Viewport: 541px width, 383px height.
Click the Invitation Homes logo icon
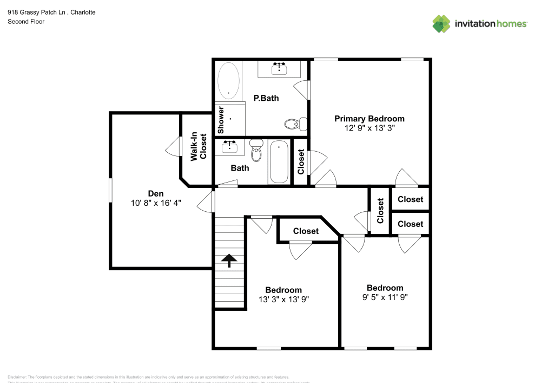[441, 23]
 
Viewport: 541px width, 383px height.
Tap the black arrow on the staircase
[229, 261]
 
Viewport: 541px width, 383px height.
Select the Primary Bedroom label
[369, 119]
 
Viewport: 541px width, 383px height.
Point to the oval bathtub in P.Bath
[228, 81]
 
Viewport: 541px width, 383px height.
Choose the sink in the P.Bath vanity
[279, 68]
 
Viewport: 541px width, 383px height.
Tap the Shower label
[221, 120]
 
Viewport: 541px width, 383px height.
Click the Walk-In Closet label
[199, 147]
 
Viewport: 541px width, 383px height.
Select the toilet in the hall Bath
[256, 152]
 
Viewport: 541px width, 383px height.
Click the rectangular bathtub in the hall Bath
[279, 161]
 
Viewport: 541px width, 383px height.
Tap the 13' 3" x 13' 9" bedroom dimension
[283, 299]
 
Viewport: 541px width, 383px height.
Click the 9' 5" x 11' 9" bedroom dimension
[385, 297]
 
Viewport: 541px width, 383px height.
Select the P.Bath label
[266, 98]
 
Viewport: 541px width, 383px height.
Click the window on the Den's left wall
[110, 191]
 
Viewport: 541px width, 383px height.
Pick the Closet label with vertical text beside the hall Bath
[301, 162]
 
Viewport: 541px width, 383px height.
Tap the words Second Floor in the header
[26, 22]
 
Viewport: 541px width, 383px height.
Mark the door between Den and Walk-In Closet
[175, 146]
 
